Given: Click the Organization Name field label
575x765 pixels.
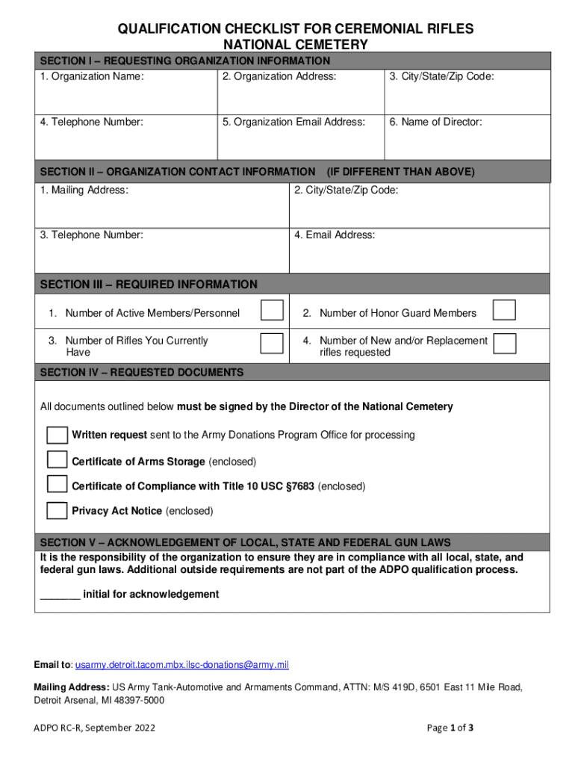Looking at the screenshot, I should tap(92, 76).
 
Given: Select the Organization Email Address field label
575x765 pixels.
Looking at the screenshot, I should tap(293, 122).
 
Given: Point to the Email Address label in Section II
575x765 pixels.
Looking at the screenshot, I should tap(335, 235).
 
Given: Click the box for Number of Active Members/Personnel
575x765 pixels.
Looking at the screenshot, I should tap(272, 311).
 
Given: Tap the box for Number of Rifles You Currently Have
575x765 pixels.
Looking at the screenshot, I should tap(272, 343).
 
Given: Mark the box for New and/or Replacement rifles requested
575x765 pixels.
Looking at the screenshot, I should tap(505, 343).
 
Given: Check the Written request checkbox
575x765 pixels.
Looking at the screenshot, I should tap(57, 435).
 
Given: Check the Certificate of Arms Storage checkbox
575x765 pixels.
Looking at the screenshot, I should tap(57, 459).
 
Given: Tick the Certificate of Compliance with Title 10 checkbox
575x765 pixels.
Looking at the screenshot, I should tap(57, 484).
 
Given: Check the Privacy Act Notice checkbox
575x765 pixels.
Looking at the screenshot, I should tap(57, 511).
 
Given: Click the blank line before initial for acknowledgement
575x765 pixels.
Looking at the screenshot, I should tap(60, 595).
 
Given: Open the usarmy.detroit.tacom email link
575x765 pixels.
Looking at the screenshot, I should tap(181, 665).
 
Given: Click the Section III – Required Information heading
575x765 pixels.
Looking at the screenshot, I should tap(149, 285).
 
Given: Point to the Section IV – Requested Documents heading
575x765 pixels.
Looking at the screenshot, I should tap(141, 372).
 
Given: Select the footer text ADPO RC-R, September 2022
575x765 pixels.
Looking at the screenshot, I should tap(95, 728).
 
